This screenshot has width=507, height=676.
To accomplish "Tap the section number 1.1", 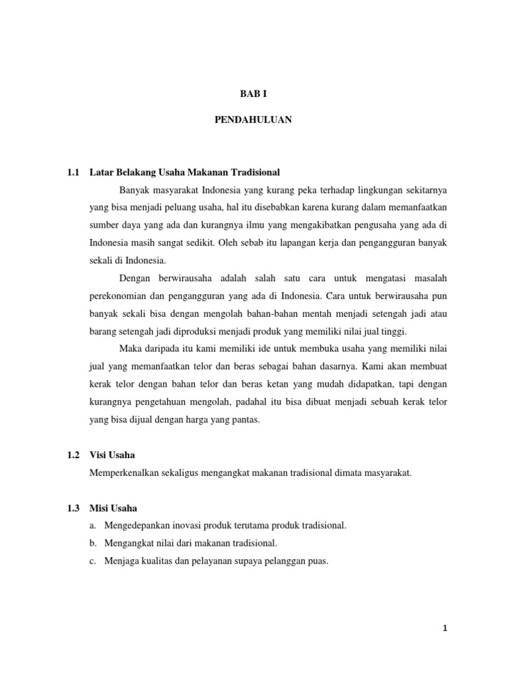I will click(73, 172).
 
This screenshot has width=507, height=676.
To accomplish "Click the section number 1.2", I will click(73, 456).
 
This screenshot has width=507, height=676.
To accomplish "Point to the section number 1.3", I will click(73, 508).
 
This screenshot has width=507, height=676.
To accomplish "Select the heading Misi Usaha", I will click(114, 508).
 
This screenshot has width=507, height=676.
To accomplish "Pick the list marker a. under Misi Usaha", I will click(92, 525).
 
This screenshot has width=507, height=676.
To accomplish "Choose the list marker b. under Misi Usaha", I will click(92, 543).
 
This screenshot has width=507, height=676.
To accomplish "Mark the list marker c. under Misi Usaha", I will click(92, 561).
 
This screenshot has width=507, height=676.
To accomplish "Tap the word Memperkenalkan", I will click(123, 473).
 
